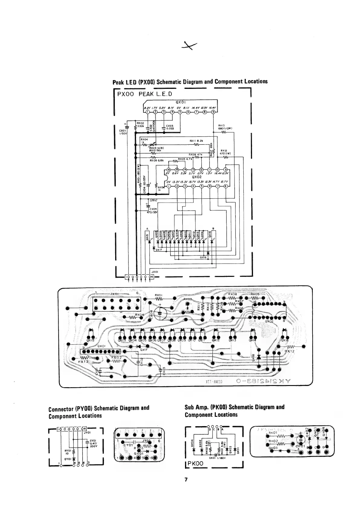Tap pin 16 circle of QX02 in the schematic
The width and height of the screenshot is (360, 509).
(169, 169)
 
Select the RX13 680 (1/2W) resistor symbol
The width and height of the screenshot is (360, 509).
(224, 132)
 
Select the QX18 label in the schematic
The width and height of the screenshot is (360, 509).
(203, 258)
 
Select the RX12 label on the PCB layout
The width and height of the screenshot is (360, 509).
(289, 352)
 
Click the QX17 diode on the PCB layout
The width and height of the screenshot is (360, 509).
(140, 346)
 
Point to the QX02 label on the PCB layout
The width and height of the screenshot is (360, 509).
(270, 322)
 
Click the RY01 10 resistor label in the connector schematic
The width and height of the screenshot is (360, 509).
(67, 452)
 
